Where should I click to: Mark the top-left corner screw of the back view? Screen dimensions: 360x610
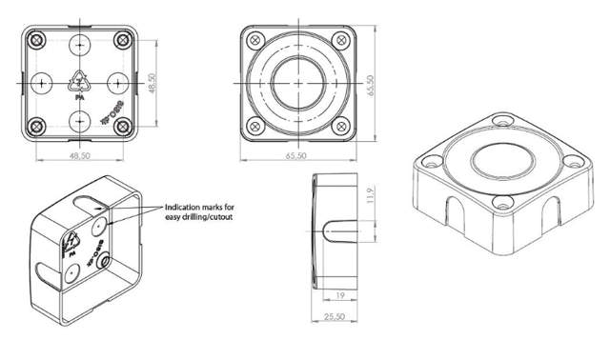36,39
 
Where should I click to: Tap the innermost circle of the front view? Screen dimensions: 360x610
297,82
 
